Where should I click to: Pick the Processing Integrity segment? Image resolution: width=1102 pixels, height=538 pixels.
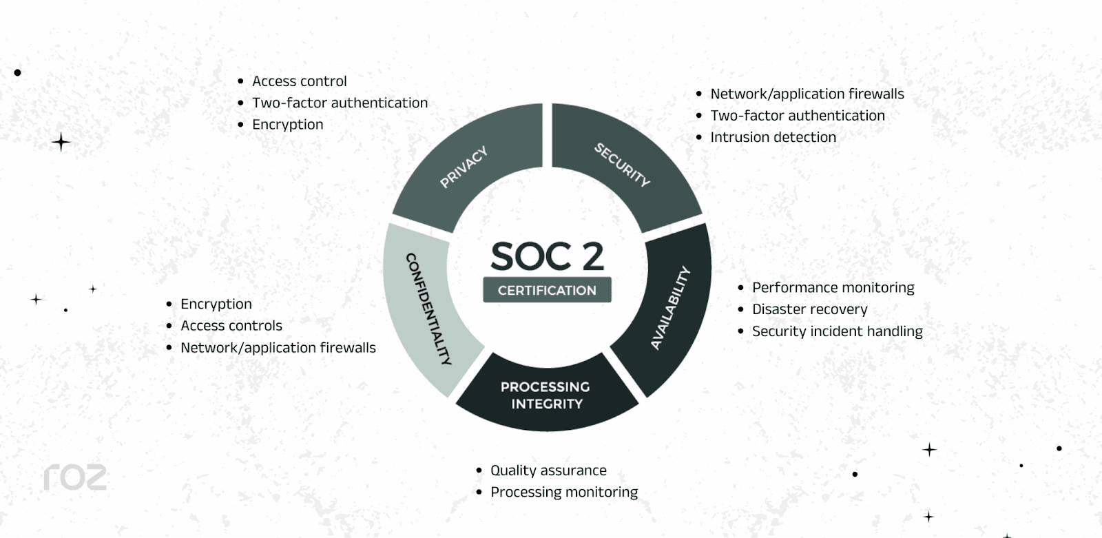[545, 395]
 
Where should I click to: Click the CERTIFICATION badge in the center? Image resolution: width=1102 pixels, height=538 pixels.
[547, 290]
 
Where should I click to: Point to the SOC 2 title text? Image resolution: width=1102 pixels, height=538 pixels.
[547, 256]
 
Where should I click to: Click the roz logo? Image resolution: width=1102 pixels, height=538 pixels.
[75, 477]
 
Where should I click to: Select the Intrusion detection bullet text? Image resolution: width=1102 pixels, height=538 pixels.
[773, 137]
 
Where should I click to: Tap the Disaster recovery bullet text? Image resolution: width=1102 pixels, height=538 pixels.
[809, 309]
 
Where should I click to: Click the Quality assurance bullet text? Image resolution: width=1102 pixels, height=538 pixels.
[548, 470]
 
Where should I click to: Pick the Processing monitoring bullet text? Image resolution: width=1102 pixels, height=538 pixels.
[564, 492]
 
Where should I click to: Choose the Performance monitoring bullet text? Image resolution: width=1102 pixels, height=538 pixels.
[833, 287]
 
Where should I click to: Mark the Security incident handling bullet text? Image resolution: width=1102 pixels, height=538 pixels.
[837, 331]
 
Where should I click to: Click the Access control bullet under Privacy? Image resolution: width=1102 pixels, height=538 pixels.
[299, 81]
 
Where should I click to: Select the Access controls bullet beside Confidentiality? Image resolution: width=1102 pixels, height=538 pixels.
[231, 326]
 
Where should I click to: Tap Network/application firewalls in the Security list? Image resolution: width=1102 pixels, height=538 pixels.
[807, 94]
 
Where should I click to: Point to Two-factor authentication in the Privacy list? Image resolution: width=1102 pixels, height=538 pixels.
[340, 103]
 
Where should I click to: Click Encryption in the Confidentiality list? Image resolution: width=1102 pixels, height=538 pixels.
[216, 304]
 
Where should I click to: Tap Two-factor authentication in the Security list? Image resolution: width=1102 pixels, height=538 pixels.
[797, 116]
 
